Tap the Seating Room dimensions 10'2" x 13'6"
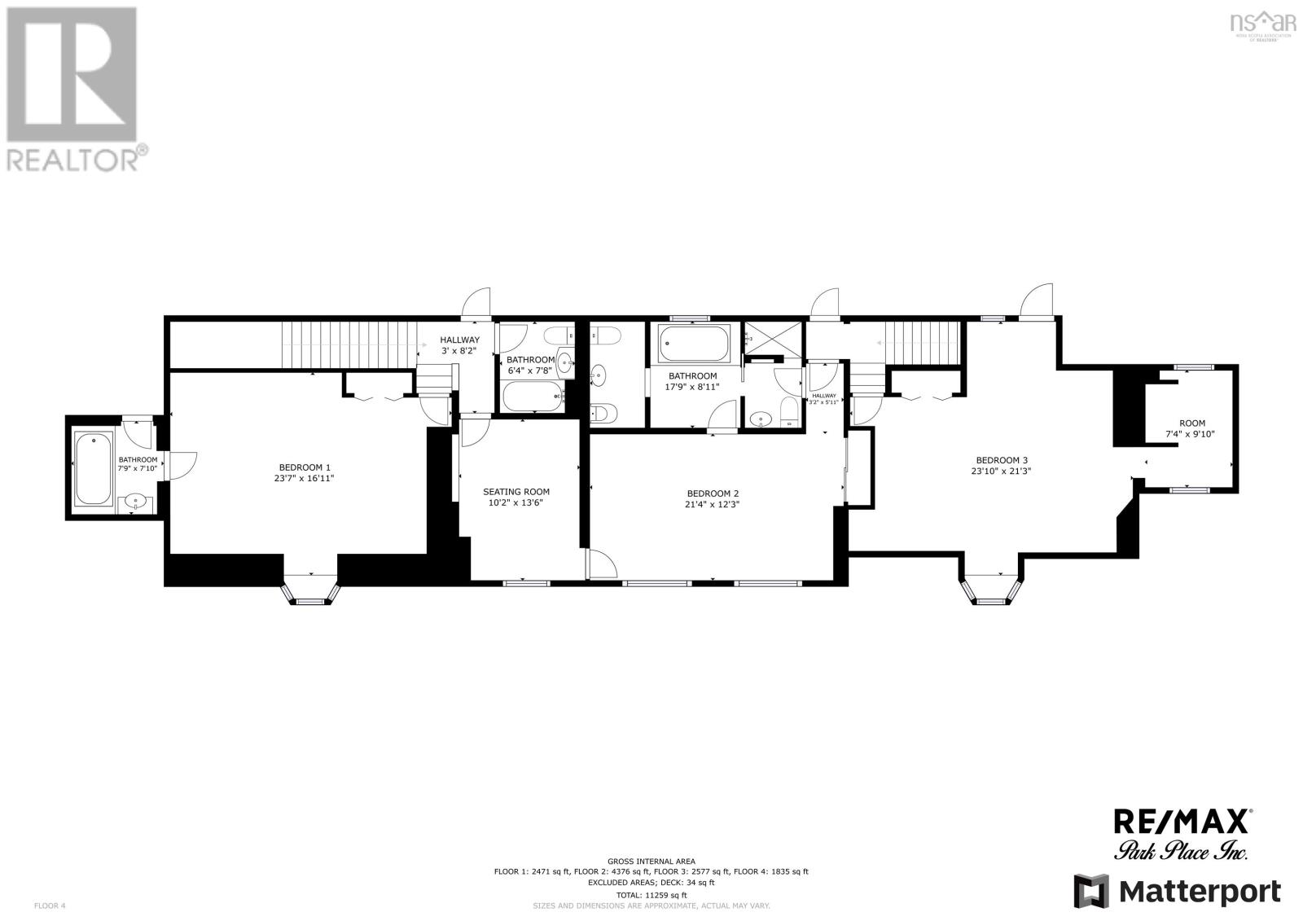click(516, 503)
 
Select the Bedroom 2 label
click(713, 493)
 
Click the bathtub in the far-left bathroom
click(94, 469)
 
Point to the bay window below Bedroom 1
click(309, 591)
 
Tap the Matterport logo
click(1177, 892)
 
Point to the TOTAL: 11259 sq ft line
click(651, 894)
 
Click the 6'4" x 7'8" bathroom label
click(530, 365)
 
